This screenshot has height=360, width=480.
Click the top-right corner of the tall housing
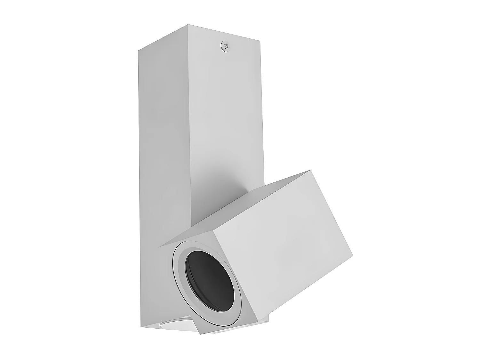260,41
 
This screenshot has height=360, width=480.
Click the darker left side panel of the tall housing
163,144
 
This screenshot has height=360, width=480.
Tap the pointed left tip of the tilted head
160,246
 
